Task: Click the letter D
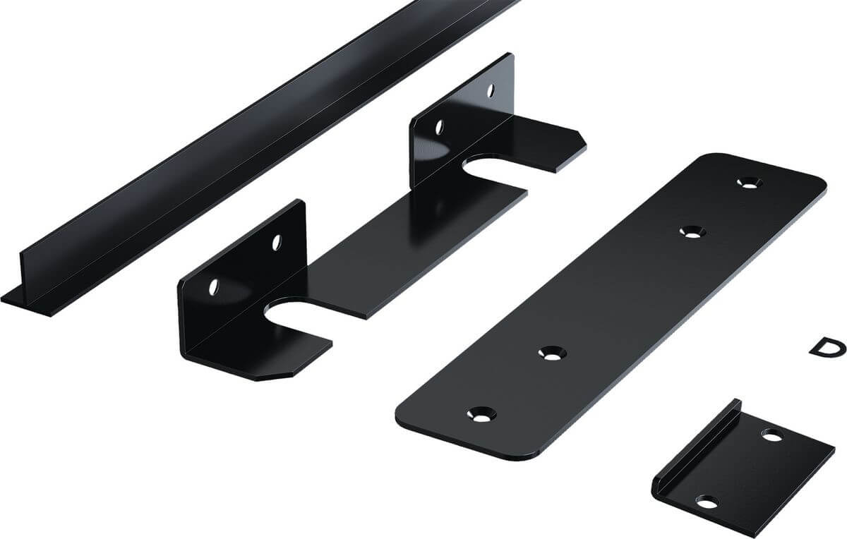pos(827,348)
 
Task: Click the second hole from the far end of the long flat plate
pos(692,231)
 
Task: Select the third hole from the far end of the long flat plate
pos(552,353)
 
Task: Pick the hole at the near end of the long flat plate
pos(481,414)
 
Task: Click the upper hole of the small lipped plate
pos(771,435)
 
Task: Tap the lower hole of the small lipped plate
pos(707,502)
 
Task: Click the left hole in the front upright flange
pos(214,287)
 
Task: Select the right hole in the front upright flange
pos(277,242)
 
